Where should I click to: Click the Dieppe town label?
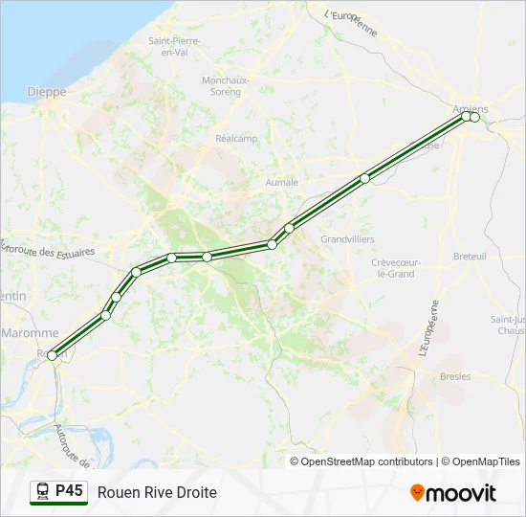click(x=49, y=92)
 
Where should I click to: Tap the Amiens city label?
click(x=471, y=109)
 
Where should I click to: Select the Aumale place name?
click(x=282, y=182)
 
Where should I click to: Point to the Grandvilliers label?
click(x=347, y=238)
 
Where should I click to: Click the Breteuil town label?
click(x=470, y=257)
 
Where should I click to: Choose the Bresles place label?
click(x=455, y=376)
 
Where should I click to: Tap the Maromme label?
click(x=30, y=333)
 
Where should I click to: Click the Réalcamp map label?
click(x=238, y=138)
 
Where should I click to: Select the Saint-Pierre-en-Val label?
click(x=173, y=46)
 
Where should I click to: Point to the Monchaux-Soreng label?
click(x=226, y=85)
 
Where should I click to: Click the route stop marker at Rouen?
click(x=52, y=355)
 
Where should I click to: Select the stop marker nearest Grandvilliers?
click(x=289, y=228)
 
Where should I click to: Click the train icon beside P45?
click(x=43, y=491)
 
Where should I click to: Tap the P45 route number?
click(x=69, y=491)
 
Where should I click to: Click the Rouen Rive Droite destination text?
click(x=157, y=492)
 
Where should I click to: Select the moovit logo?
click(x=453, y=493)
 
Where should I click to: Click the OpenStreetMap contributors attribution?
click(x=367, y=461)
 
